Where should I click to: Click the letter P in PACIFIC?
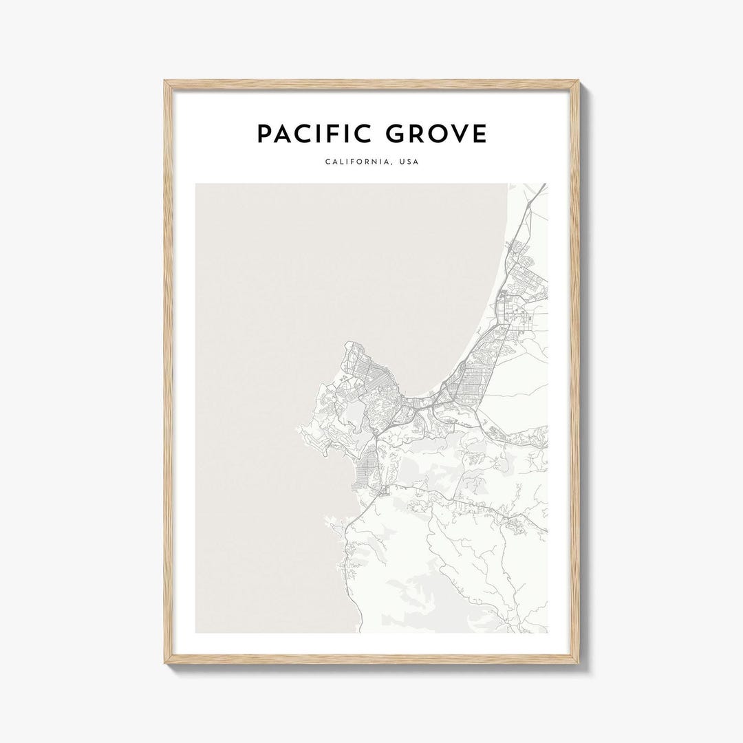tap(264, 134)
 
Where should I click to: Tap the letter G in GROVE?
tap(396, 134)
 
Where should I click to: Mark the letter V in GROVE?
tap(458, 134)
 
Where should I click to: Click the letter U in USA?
tap(402, 162)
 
